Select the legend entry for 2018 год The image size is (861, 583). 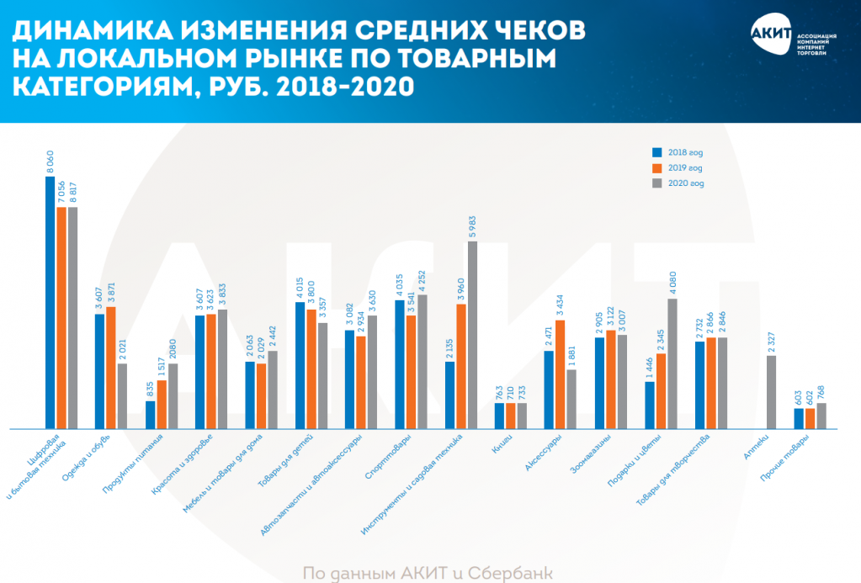point(678,152)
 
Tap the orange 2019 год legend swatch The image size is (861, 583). point(657,167)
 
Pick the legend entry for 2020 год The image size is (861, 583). point(678,183)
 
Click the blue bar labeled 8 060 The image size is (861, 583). point(50,303)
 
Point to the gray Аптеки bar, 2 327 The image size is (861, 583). point(772,392)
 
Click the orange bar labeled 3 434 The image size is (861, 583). point(561,374)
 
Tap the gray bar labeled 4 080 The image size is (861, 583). point(672,363)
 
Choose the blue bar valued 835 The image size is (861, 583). point(150,415)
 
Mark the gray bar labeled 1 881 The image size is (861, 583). point(571,399)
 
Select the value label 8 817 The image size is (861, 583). point(72,188)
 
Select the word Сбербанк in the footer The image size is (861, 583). point(512,573)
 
